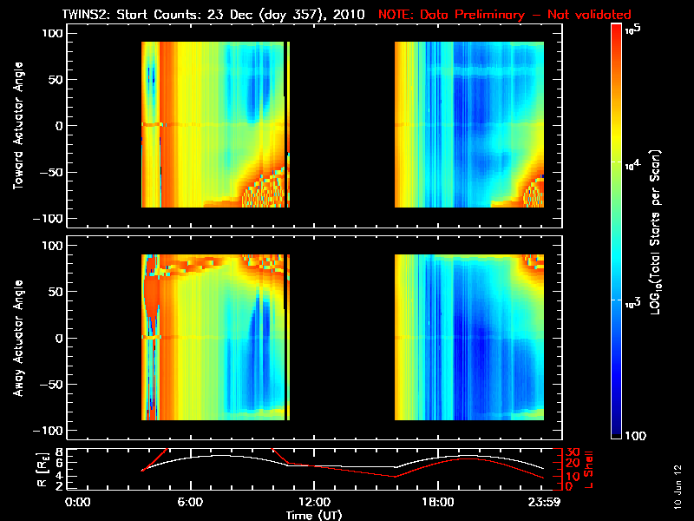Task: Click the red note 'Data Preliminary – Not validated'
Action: [505, 15]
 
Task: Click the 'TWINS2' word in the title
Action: [87, 15]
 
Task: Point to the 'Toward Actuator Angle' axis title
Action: [16, 125]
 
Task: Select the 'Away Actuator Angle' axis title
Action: [16, 338]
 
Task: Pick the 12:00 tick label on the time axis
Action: [313, 502]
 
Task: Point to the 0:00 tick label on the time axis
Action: [78, 502]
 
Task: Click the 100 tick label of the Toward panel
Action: [53, 32]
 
